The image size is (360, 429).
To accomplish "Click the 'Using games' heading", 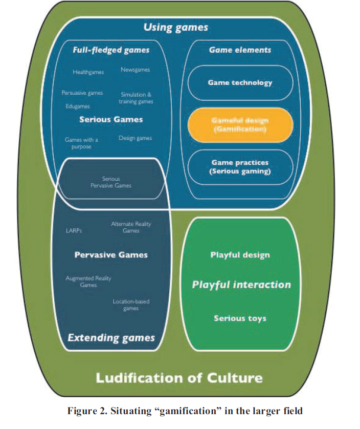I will [176, 28].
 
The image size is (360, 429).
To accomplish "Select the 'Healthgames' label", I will [88, 72].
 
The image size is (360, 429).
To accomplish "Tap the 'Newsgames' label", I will [135, 70].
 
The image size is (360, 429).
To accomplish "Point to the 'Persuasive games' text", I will [82, 93].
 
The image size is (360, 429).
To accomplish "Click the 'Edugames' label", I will [78, 106].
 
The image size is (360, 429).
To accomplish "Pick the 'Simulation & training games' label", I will [136, 98].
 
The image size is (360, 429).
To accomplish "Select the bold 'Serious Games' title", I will [111, 119].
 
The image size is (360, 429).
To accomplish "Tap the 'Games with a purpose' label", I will [81, 143].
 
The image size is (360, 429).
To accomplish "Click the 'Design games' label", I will [135, 138].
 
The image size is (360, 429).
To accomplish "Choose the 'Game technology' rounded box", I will [240, 82].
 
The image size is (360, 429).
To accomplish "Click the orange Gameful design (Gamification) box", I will [240, 125].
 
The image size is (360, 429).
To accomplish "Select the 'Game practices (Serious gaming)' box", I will [240, 167].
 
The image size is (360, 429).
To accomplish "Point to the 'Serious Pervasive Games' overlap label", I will [110, 182].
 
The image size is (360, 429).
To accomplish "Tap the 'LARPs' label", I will [74, 230].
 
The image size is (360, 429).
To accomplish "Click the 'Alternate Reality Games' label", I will [131, 227].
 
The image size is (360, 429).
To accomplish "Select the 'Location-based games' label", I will [131, 305].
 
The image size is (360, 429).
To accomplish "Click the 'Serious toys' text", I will [240, 318].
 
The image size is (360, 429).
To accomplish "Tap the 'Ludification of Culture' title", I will [179, 378].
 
